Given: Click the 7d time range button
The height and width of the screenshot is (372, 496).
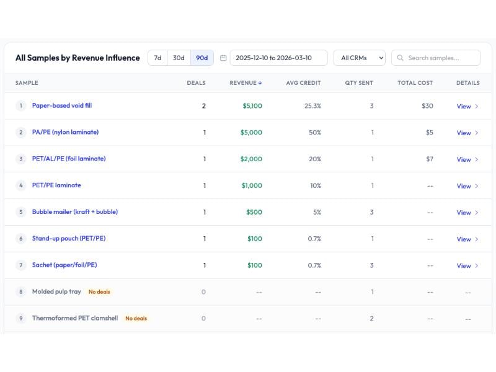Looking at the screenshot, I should click(x=157, y=58).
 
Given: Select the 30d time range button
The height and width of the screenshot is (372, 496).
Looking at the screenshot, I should click(x=179, y=58).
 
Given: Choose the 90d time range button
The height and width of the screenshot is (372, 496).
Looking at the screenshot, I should click(x=201, y=58).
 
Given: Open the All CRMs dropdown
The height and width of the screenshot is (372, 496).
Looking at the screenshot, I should click(x=359, y=58).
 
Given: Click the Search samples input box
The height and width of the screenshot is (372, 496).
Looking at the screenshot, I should click(x=436, y=58).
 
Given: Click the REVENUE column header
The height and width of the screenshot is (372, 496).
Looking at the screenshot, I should click(x=246, y=83).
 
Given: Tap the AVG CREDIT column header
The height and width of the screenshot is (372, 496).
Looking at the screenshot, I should click(x=303, y=83).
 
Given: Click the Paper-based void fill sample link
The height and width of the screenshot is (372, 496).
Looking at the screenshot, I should click(x=62, y=106).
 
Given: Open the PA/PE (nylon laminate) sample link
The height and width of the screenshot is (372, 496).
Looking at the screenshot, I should click(x=65, y=133).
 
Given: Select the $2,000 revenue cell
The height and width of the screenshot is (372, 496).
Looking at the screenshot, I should click(x=251, y=159).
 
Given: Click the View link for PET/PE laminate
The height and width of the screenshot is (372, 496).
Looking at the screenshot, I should click(x=467, y=186).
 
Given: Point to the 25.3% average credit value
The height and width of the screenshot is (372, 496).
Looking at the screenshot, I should click(x=312, y=106).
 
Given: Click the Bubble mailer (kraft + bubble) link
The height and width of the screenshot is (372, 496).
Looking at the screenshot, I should click(x=75, y=212).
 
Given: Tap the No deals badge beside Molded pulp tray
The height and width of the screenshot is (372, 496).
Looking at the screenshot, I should click(x=99, y=292).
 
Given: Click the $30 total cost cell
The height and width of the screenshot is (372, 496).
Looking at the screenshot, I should click(x=427, y=106).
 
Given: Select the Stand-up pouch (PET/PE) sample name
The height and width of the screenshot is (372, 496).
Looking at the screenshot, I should click(x=69, y=239).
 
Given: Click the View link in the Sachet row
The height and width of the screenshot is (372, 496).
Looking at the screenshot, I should click(x=467, y=265).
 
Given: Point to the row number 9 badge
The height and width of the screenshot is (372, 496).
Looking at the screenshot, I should click(x=20, y=319).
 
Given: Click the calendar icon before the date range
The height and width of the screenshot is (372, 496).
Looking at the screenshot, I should click(x=223, y=58).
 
